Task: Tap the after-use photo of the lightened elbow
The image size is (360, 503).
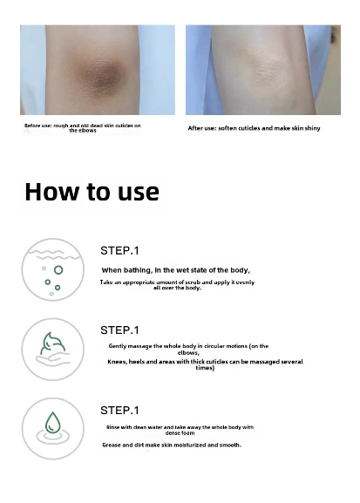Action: (x=263, y=70)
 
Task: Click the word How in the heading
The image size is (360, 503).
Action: (x=51, y=192)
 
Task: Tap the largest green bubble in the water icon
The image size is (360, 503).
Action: (x=58, y=270)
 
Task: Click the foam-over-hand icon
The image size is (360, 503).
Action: (x=53, y=349)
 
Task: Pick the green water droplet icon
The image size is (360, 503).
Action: (x=52, y=423)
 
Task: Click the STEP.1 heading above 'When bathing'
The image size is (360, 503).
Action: (x=119, y=250)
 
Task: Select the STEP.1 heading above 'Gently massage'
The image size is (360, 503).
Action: (x=119, y=330)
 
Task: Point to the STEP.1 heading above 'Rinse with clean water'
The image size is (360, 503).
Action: (x=119, y=411)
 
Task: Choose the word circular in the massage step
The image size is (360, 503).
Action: (x=218, y=346)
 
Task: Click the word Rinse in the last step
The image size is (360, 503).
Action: (x=112, y=427)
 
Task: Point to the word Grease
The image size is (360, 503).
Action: (x=111, y=445)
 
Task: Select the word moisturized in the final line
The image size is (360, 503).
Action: (x=190, y=445)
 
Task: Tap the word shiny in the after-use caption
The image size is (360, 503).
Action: (x=312, y=128)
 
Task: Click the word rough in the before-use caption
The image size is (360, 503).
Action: (x=60, y=126)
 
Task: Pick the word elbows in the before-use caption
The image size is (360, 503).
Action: (x=87, y=131)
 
